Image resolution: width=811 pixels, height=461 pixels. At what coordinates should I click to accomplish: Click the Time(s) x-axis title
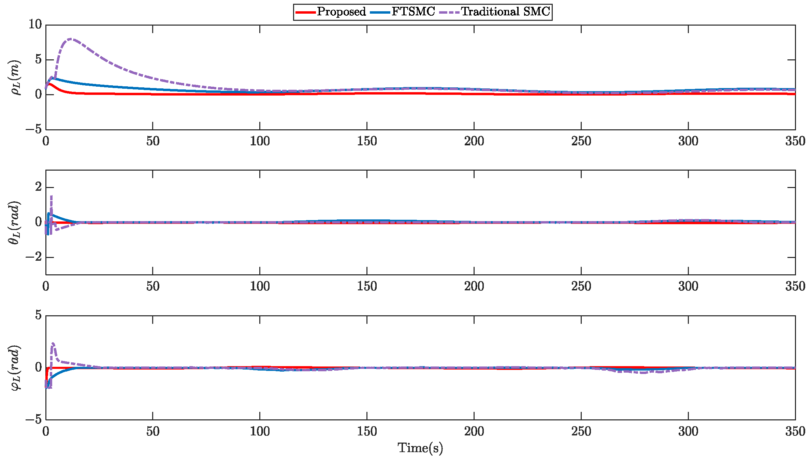(x=420, y=448)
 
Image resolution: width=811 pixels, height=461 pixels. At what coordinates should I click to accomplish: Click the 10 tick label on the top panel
(x=35, y=25)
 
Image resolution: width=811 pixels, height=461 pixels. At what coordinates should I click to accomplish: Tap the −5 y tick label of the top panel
(x=33, y=129)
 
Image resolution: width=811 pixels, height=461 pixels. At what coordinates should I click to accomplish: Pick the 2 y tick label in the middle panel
(x=38, y=187)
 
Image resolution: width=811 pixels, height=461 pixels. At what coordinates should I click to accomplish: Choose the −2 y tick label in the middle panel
(x=33, y=257)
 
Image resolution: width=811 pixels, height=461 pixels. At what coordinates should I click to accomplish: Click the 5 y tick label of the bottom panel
(x=38, y=315)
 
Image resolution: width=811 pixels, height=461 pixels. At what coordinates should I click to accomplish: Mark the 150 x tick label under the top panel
(x=367, y=141)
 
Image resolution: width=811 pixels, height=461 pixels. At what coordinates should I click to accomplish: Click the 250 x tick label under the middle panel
(x=581, y=286)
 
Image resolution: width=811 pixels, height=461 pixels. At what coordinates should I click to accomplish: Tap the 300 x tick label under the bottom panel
(x=688, y=432)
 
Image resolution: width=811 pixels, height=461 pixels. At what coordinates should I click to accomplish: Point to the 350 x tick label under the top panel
(x=795, y=141)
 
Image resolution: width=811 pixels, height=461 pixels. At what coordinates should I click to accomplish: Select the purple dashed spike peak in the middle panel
(x=51, y=196)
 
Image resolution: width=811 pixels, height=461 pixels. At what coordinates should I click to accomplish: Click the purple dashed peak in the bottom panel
(x=53, y=344)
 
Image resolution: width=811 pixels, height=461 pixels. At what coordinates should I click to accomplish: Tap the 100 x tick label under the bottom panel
(x=260, y=432)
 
